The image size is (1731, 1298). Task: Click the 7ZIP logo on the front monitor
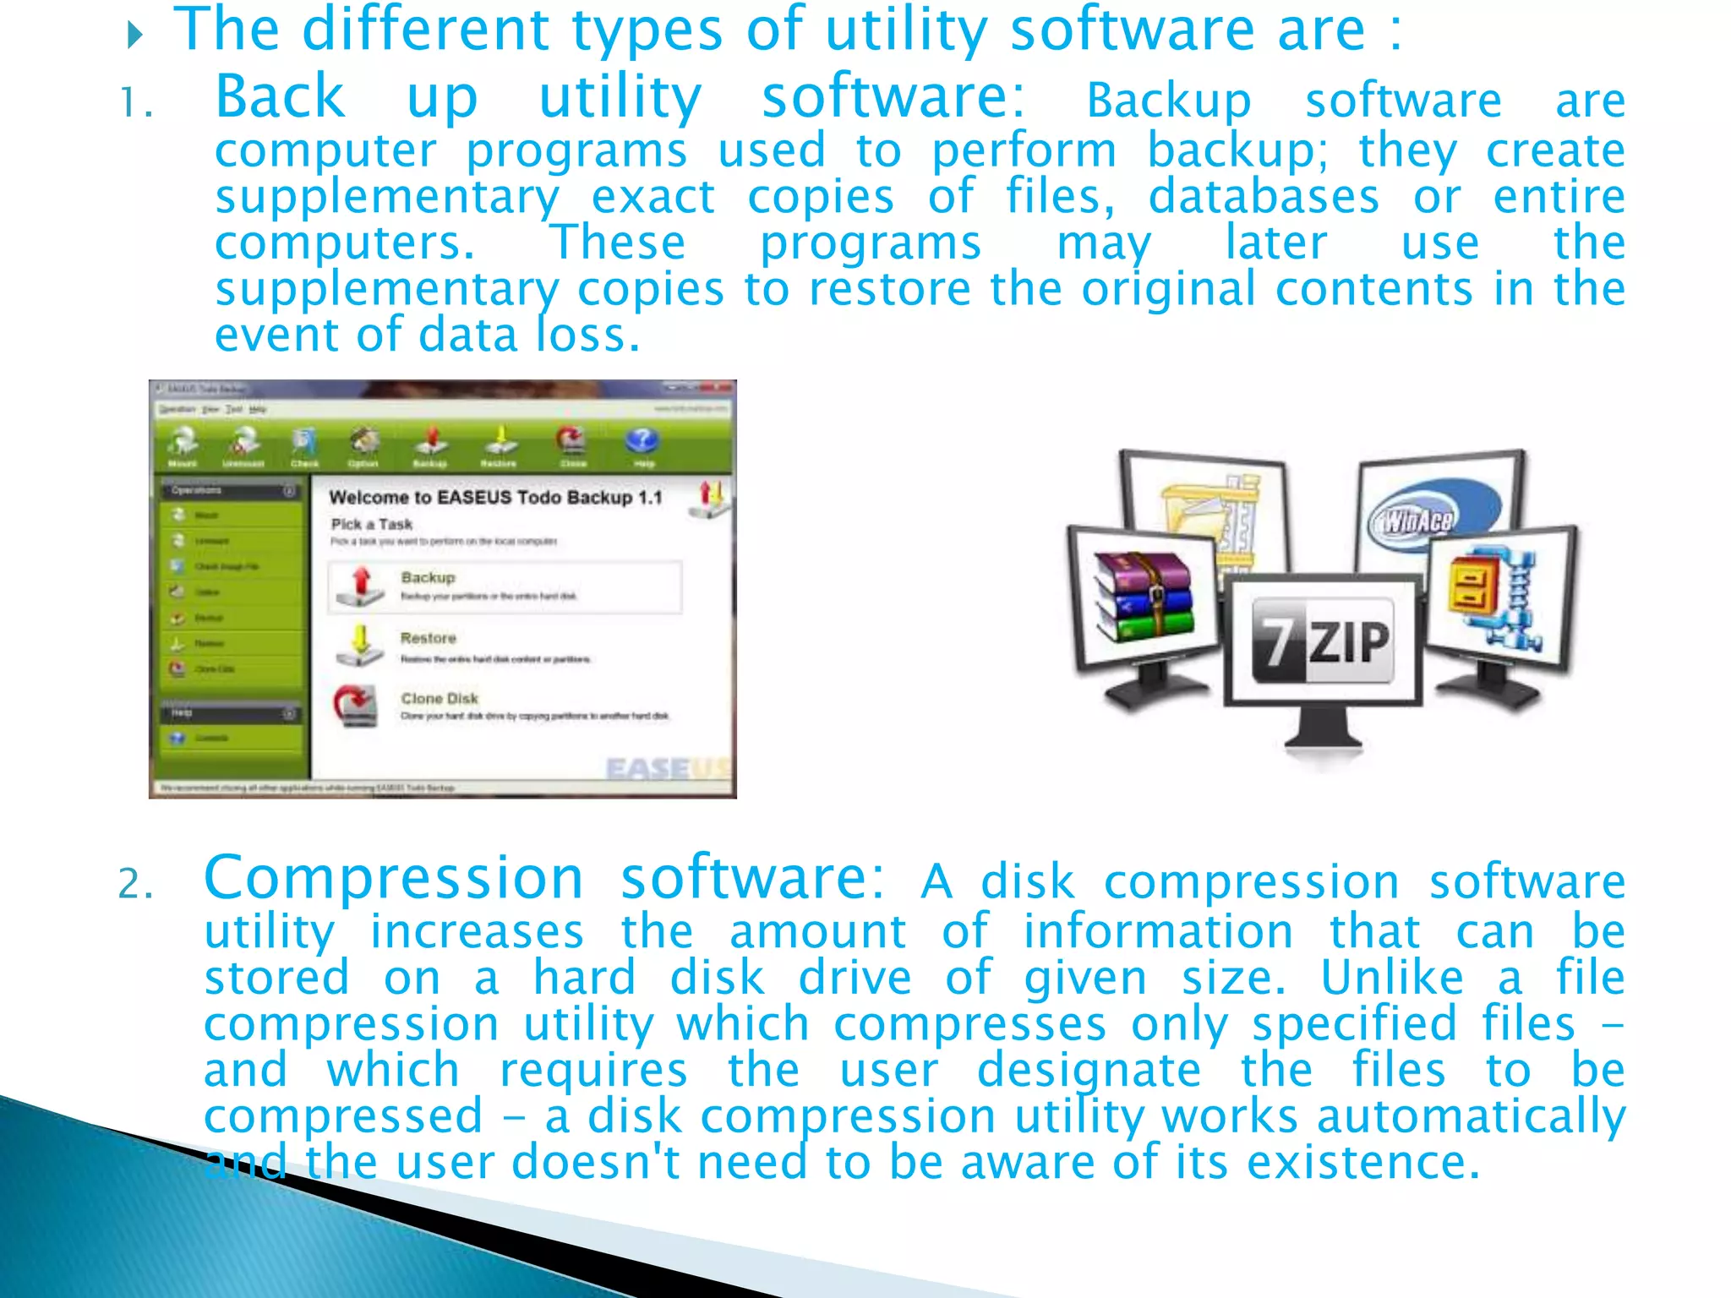pyautogui.click(x=1322, y=641)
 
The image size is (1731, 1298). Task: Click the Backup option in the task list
pyautogui.click(x=429, y=578)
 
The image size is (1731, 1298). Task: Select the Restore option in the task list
pyautogui.click(x=429, y=638)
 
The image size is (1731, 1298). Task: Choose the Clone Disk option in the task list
pyautogui.click(x=440, y=699)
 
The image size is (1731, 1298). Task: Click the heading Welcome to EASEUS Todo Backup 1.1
pyautogui.click(x=495, y=498)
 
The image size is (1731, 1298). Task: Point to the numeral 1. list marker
pyautogui.click(x=136, y=104)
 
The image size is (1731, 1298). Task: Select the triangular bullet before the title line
pyautogui.click(x=134, y=35)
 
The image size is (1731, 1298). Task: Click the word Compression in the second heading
pyautogui.click(x=394, y=879)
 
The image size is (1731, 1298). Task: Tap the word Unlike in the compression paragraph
pyautogui.click(x=1392, y=979)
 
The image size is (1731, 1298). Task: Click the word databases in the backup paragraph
pyautogui.click(x=1264, y=197)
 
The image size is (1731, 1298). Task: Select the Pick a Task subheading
pyautogui.click(x=372, y=525)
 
